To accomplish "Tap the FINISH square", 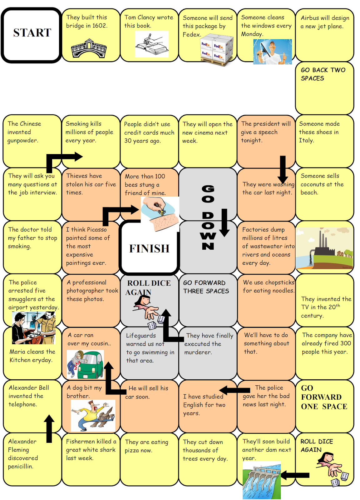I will (149, 248).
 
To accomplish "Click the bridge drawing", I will (89, 48).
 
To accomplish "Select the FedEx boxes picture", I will (217, 50).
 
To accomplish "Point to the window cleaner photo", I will (272, 52).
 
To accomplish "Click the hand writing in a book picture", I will (151, 44).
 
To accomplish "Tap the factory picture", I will (324, 248).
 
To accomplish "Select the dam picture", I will (262, 480).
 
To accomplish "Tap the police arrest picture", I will (33, 328).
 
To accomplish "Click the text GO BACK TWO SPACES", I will (323, 74).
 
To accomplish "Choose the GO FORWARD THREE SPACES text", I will (206, 287).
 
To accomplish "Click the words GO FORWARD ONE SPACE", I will (324, 397).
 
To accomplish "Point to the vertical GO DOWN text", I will (208, 217).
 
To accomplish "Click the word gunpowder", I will (22, 141).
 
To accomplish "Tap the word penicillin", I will (20, 466).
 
